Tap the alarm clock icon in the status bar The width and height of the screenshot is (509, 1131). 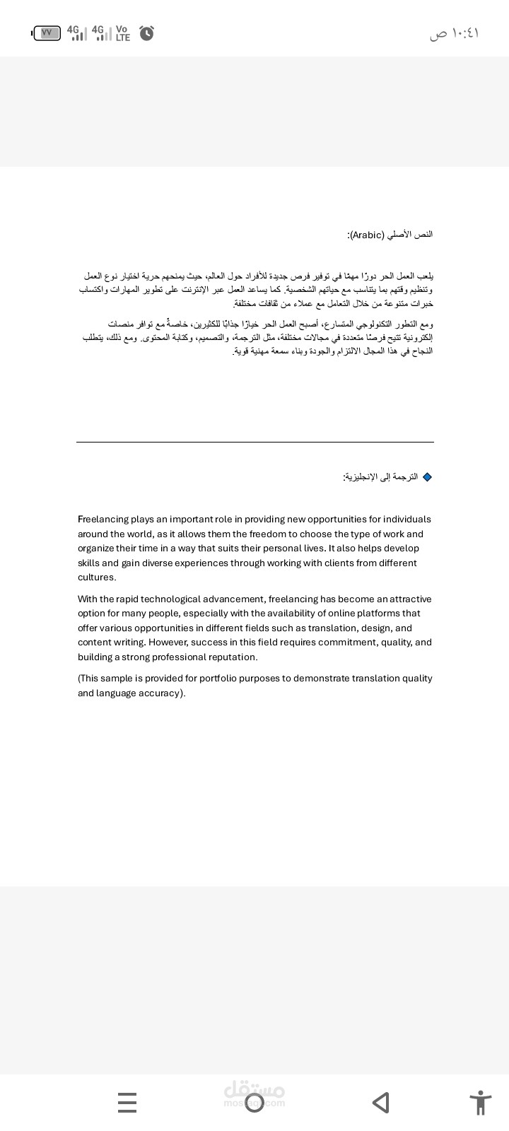[x=146, y=33]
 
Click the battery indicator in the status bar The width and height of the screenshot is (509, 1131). [x=47, y=33]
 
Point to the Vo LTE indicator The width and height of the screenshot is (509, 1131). [x=122, y=33]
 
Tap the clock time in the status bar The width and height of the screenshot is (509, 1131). [x=454, y=33]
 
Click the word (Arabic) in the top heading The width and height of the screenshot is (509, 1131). [x=367, y=235]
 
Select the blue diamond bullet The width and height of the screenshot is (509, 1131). [x=427, y=477]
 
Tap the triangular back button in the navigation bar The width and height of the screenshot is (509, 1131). [x=380, y=1103]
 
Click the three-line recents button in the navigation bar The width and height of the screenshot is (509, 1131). [x=127, y=1103]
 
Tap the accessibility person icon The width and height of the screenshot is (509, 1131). [x=480, y=1103]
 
